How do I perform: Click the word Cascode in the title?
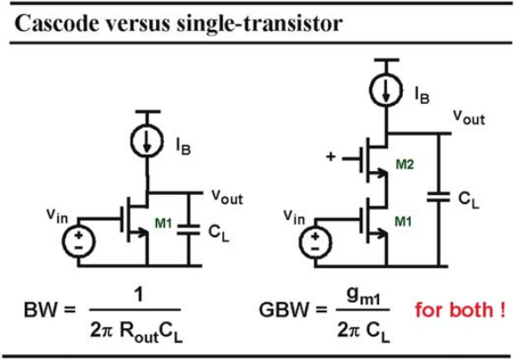pos(56,23)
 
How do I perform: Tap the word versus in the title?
pos(138,24)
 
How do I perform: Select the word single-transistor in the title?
pos(259,25)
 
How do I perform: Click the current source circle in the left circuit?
pos(147,141)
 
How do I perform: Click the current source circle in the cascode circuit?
pos(386,90)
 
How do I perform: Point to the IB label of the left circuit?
pos(183,146)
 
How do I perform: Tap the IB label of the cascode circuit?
pos(422,94)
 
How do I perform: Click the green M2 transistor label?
pos(405,164)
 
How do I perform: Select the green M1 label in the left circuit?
pos(163,223)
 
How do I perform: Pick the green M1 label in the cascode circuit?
pos(403,221)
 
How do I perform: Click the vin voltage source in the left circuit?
pos(78,242)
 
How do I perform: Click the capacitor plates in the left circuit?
pos(189,229)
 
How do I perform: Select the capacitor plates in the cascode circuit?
pos(438,198)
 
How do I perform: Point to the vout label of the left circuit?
pos(227,197)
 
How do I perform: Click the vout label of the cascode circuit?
pos(469,117)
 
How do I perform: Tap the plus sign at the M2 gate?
pos(331,156)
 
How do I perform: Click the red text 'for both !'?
pos(460,310)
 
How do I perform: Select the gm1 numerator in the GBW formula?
pos(363,296)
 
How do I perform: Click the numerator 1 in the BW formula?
pos(139,294)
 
